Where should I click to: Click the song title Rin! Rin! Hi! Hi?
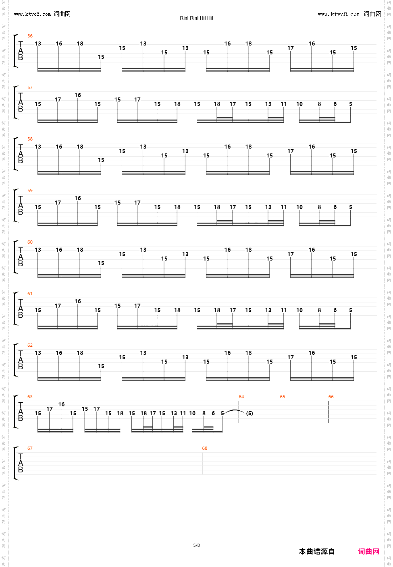click(x=196, y=18)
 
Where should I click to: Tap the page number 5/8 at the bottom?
click(x=196, y=546)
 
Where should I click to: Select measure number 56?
click(x=30, y=36)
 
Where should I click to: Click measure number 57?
click(x=30, y=88)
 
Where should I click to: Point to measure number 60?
click(x=30, y=242)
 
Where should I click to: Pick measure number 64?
click(x=241, y=397)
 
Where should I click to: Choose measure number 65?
click(x=282, y=397)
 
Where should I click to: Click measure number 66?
click(x=331, y=397)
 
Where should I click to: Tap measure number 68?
click(x=204, y=449)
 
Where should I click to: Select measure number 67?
click(x=30, y=449)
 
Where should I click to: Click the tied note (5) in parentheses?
click(x=250, y=414)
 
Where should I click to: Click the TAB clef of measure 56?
click(x=21, y=51)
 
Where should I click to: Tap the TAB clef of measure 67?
click(x=21, y=463)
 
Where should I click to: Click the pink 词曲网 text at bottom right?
click(x=368, y=552)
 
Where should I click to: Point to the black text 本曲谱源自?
click(x=317, y=552)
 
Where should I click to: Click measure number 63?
click(x=30, y=397)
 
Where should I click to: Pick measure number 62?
click(x=30, y=346)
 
